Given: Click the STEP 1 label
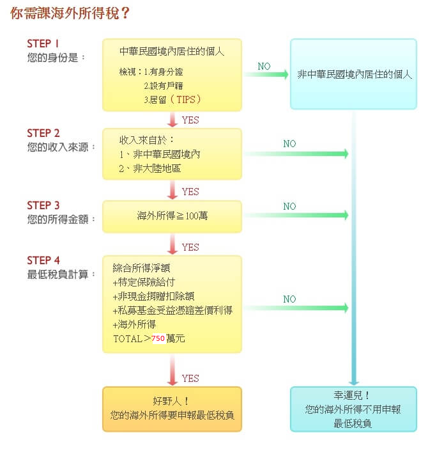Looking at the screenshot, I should click(x=43, y=43).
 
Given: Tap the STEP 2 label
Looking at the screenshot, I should click(x=43, y=133).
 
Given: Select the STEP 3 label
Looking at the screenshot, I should click(x=43, y=205).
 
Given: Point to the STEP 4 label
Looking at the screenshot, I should click(x=43, y=260).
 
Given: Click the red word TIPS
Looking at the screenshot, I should click(x=188, y=100).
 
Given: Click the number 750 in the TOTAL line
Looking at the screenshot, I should click(x=158, y=338).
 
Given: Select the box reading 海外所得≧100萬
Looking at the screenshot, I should click(x=172, y=216).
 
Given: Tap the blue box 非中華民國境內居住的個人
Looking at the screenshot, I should click(x=355, y=74).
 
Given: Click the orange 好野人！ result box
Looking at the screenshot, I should click(x=172, y=408).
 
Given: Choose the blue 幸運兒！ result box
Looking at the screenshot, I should click(x=353, y=408).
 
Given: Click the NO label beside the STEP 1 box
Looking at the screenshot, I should click(x=264, y=67).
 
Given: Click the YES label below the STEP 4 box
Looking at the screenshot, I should click(x=190, y=378).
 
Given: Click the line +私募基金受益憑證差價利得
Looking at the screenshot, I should click(x=172, y=310).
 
